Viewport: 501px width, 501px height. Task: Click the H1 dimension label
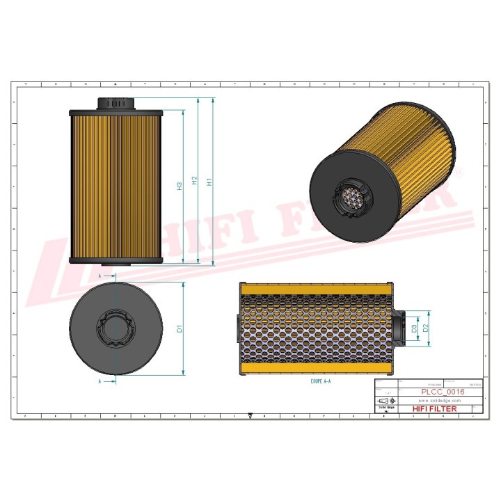coord(209,182)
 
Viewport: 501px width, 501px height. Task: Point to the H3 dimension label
coord(179,186)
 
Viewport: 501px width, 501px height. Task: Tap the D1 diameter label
coord(179,328)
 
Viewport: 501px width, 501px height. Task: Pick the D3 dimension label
coord(415,328)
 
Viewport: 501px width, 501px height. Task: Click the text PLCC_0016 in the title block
coord(443,392)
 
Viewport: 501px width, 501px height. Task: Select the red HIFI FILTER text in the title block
coord(435,409)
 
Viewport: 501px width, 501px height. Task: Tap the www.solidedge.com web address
coord(438,401)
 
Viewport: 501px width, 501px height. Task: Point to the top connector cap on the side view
coord(116,103)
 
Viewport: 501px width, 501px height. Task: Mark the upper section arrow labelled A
coord(102,276)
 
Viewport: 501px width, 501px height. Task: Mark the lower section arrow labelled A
coord(102,381)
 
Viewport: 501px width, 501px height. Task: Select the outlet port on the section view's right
coord(399,328)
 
